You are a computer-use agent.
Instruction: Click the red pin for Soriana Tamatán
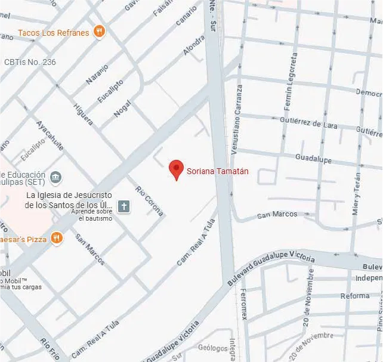click(x=175, y=169)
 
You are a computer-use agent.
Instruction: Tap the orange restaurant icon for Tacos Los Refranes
click(x=100, y=32)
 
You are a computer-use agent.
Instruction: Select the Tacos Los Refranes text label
click(x=54, y=33)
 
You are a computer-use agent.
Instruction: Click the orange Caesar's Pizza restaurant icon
click(x=57, y=238)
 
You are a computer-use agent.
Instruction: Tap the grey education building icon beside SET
click(x=56, y=177)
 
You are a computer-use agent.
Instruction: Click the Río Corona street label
click(x=149, y=201)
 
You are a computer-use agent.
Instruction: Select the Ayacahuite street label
click(x=50, y=136)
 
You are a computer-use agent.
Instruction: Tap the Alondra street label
click(x=193, y=45)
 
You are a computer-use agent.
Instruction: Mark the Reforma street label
click(x=354, y=296)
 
